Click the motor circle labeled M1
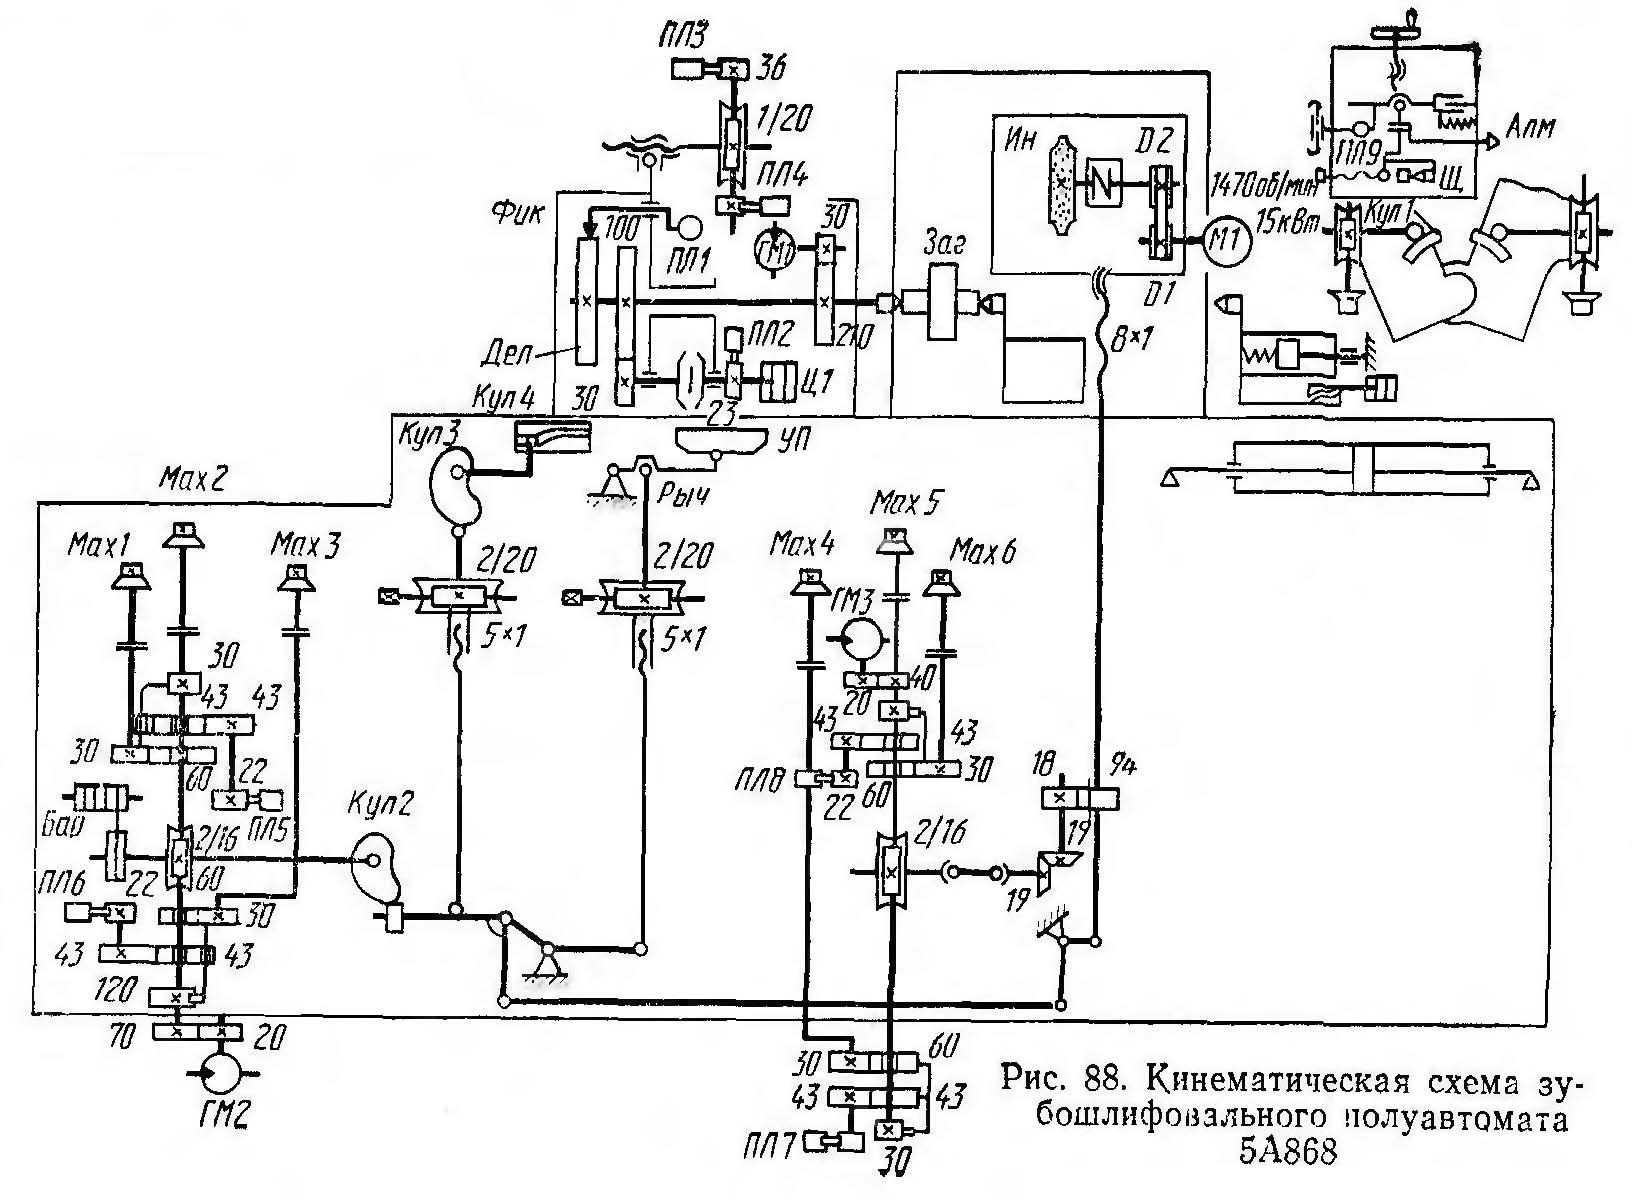[1218, 240]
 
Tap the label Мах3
[306, 546]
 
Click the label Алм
[1526, 128]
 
